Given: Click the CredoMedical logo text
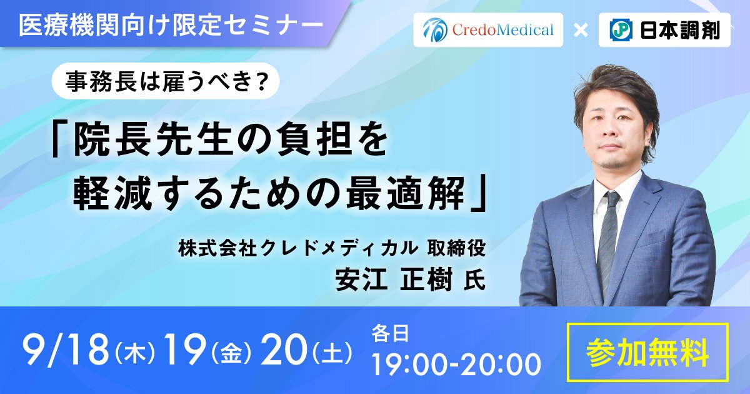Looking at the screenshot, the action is pos(503,30).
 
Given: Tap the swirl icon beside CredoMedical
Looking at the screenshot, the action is pos(434,30).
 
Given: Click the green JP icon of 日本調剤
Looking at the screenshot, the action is pos(621,30).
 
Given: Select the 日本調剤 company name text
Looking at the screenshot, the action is pos(680,30).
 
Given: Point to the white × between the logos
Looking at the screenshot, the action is pos(581,31).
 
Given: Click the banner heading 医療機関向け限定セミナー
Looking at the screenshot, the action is pos(171,25).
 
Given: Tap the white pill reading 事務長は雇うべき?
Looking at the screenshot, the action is pos(166,81).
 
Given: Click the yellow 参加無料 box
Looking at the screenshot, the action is pos(647,352).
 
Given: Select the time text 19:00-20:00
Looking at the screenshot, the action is pos(456,365).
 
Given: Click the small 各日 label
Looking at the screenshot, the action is pos(390,333).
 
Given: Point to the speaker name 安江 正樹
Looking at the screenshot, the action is pos(394,280).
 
